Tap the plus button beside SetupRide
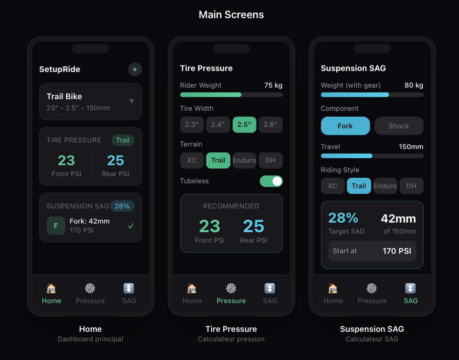click(x=135, y=69)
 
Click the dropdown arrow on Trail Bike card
click(x=132, y=101)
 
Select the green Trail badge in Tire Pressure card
click(x=122, y=140)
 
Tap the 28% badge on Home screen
click(x=122, y=206)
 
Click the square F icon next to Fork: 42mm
click(x=56, y=226)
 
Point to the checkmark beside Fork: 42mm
click(x=131, y=226)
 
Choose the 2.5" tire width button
click(x=244, y=125)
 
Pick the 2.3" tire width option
click(x=192, y=125)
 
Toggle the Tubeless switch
click(x=271, y=181)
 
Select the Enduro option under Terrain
click(x=244, y=161)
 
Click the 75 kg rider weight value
click(x=273, y=86)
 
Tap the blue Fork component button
click(x=345, y=126)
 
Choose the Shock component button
click(x=399, y=126)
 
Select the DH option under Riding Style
click(x=411, y=186)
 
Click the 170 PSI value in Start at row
click(x=397, y=251)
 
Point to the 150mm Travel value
click(x=411, y=147)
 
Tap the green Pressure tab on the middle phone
click(x=231, y=294)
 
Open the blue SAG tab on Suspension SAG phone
click(x=411, y=294)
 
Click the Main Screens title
click(x=231, y=15)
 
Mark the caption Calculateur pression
click(x=231, y=339)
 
